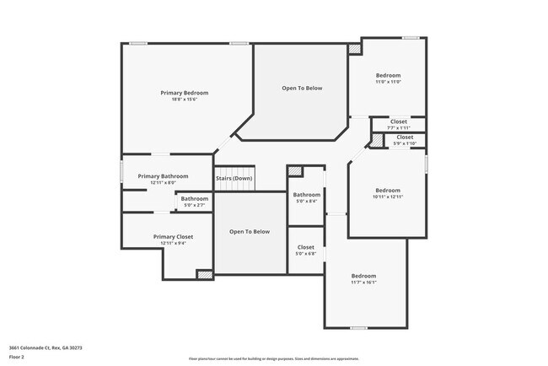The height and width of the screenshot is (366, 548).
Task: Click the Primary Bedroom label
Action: click(185, 93)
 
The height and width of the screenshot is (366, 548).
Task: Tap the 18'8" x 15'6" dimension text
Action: click(185, 100)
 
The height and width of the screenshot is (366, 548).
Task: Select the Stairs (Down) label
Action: click(234, 178)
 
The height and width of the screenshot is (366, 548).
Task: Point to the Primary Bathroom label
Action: click(163, 176)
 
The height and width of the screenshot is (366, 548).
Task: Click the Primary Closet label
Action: click(174, 237)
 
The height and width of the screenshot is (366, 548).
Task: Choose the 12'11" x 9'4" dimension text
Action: click(174, 244)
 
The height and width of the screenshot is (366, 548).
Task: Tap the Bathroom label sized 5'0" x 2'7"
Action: click(195, 199)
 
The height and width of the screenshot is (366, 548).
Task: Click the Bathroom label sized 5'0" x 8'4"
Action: click(307, 195)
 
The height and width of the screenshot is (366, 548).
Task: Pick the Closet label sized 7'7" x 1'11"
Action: click(398, 121)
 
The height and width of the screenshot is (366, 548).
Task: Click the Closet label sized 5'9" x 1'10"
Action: click(405, 137)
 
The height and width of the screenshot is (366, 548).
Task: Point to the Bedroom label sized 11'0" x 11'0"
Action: click(388, 75)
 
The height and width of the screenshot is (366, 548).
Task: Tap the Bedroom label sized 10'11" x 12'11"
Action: click(388, 190)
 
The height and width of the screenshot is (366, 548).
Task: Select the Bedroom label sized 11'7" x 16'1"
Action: click(363, 276)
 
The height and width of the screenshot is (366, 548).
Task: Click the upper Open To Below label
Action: click(302, 88)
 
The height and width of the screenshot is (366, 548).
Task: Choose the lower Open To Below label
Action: click(250, 231)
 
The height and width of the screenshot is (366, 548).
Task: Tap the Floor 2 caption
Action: click(17, 357)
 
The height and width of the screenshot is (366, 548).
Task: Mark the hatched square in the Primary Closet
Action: click(204, 273)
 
